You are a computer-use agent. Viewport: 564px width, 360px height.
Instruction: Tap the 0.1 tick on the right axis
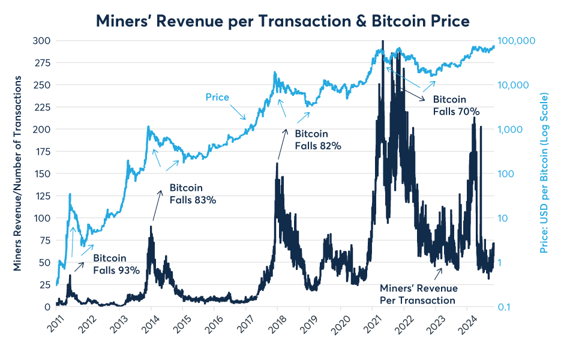[507, 307]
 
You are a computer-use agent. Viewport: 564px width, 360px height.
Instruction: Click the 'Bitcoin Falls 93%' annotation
[116, 264]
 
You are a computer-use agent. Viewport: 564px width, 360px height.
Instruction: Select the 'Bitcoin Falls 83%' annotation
[193, 194]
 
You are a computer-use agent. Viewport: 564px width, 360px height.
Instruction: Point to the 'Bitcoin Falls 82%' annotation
[317, 140]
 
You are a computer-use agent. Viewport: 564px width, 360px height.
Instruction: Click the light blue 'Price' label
[217, 97]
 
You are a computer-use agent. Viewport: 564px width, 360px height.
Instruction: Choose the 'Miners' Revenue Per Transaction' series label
[418, 294]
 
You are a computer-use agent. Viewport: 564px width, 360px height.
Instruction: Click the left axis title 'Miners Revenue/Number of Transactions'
[19, 173]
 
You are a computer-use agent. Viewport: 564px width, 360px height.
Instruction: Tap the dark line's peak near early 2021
[382, 42]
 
